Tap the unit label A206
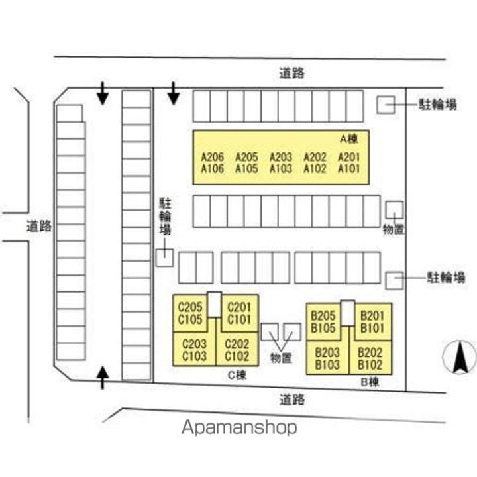click(212, 158)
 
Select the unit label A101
click(349, 169)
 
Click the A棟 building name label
click(349, 139)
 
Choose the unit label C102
click(237, 356)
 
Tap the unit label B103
click(327, 364)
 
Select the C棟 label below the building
click(237, 375)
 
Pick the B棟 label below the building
click(369, 382)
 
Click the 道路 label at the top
click(291, 74)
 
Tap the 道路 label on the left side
click(38, 226)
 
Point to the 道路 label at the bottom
click(291, 399)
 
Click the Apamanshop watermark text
click(239, 427)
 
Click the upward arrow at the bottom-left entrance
click(103, 378)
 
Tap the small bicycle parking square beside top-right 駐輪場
click(386, 104)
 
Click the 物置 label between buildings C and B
click(281, 358)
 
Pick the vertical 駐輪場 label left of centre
click(165, 216)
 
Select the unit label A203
click(281, 158)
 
